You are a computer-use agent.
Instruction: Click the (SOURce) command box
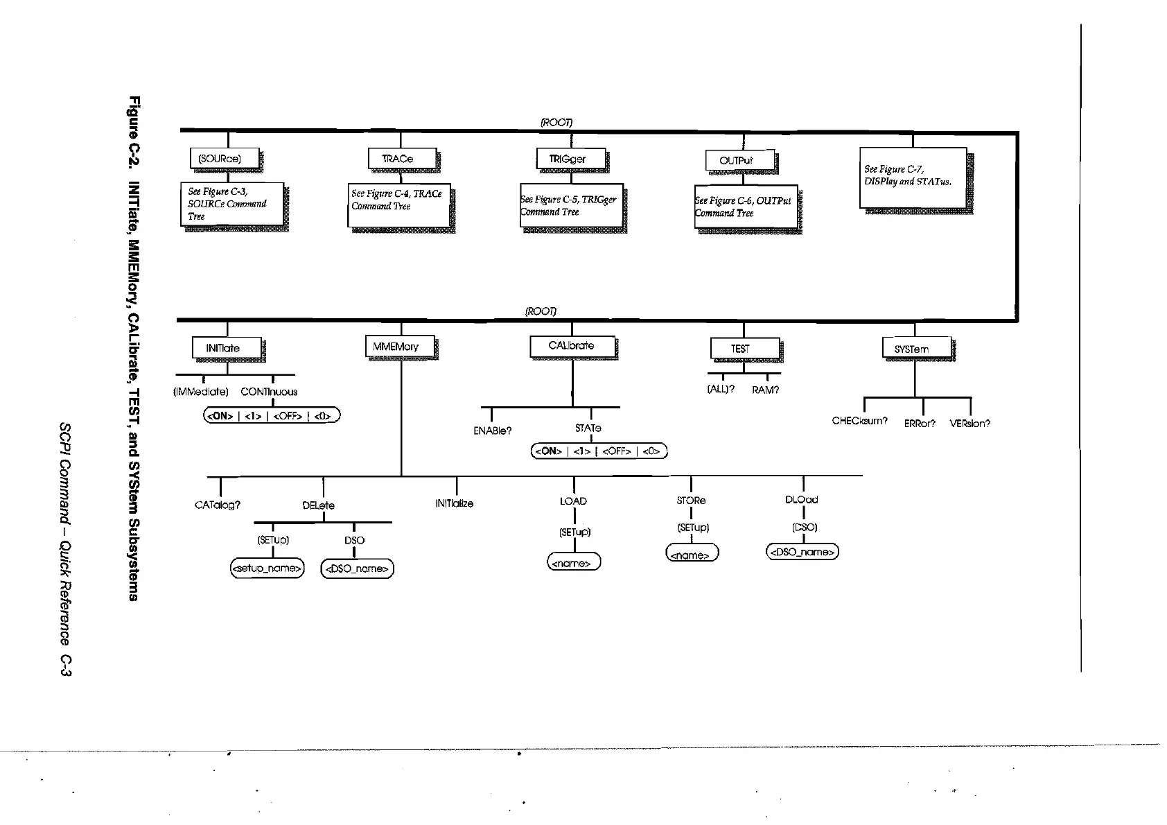(224, 159)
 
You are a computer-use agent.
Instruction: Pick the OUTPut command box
(739, 161)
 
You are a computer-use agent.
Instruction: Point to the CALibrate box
(572, 346)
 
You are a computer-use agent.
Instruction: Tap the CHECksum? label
(859, 421)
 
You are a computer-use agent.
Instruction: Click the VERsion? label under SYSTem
(969, 423)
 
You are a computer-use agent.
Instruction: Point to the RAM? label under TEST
(765, 390)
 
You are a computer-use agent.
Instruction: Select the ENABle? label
(492, 431)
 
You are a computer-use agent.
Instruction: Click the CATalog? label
(218, 505)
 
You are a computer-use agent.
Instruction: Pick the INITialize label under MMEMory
(455, 503)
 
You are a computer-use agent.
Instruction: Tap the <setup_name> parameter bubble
(267, 568)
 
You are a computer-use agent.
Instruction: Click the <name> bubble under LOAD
(573, 563)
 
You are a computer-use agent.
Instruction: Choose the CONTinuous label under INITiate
(269, 392)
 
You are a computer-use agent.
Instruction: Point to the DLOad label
(802, 500)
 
